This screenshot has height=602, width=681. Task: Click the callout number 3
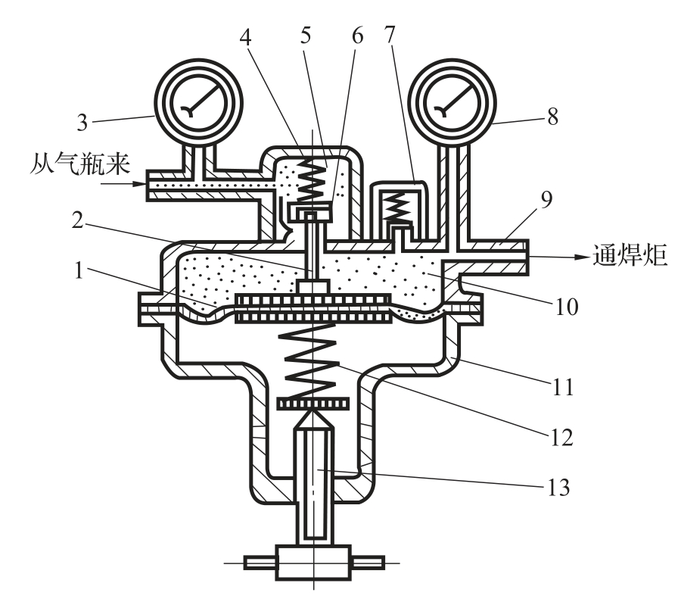[82, 123]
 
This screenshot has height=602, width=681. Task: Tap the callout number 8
[552, 117]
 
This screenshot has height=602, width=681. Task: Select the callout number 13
[558, 487]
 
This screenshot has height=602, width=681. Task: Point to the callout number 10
[567, 307]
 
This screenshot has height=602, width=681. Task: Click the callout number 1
[79, 270]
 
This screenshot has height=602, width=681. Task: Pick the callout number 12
[562, 437]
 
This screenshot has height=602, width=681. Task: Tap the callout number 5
[306, 35]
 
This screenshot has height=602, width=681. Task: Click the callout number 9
[546, 199]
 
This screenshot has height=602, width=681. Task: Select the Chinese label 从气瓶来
[80, 165]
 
